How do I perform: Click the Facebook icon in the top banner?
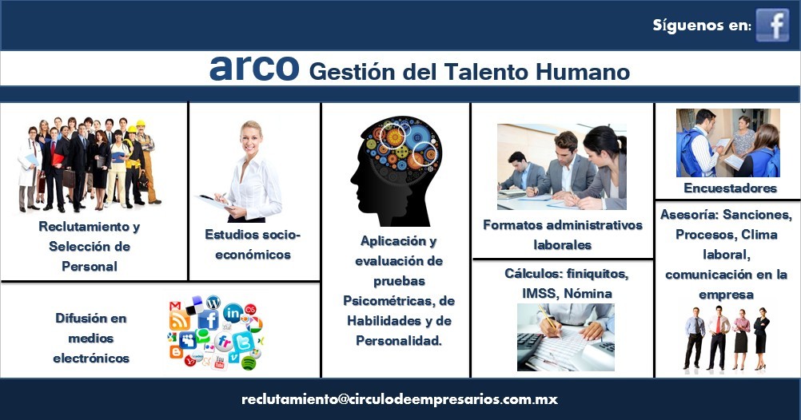pyautogui.click(x=772, y=25)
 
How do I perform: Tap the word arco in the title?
pyautogui.click(x=254, y=68)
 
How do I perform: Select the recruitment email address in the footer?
pyautogui.click(x=400, y=399)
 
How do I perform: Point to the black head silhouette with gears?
pyautogui.click(x=396, y=171)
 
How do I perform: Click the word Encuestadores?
pyautogui.click(x=730, y=188)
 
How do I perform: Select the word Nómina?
pyautogui.click(x=588, y=293)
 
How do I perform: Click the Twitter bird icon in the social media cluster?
pyautogui.click(x=243, y=341)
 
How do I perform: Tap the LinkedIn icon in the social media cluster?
pyautogui.click(x=233, y=312)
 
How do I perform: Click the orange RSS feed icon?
pyautogui.click(x=180, y=321)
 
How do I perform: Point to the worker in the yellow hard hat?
pyautogui.click(x=145, y=160)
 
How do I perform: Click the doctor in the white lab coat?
pyautogui.click(x=30, y=168)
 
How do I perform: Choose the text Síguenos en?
pyautogui.click(x=702, y=25)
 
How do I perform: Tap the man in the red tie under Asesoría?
pyautogui.click(x=718, y=338)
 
